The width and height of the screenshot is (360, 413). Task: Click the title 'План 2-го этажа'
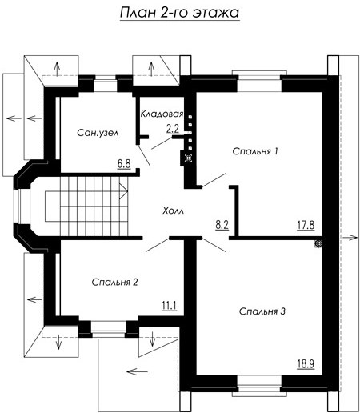[179, 13]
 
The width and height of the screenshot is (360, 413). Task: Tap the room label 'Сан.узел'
[98, 133]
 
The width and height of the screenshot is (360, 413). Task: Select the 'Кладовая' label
[162, 114]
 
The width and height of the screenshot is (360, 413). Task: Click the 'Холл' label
[174, 211]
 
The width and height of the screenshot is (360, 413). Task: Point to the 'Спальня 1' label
[255, 151]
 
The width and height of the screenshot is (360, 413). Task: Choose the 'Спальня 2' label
[114, 282]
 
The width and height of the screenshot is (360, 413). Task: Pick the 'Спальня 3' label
[262, 311]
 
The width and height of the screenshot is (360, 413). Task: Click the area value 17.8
[306, 225]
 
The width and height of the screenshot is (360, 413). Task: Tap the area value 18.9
[306, 363]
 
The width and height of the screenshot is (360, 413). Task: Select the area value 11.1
[169, 305]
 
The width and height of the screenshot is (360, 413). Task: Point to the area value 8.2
[222, 225]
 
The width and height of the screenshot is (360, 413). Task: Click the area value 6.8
[124, 163]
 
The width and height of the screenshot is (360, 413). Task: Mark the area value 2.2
[173, 129]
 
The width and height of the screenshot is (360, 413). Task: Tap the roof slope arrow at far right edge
[350, 237]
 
